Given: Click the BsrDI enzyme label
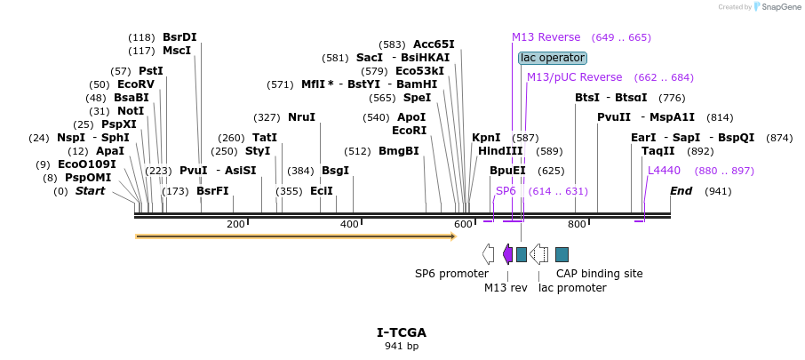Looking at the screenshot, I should [x=179, y=37].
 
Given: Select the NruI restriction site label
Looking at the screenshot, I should [x=301, y=117].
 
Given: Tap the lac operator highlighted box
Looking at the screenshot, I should [x=553, y=58].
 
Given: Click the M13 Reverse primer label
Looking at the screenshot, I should [x=546, y=37].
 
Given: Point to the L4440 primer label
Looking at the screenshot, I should [x=664, y=170].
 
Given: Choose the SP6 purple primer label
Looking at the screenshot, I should [x=506, y=191].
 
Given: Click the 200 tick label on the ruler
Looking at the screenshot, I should [x=235, y=224].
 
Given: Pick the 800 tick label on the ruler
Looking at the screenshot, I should [x=577, y=224].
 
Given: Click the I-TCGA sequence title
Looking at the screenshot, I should [x=402, y=332].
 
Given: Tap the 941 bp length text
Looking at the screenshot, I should [x=402, y=346].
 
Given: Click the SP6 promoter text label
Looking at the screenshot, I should [x=451, y=274].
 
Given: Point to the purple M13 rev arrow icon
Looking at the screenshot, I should [x=507, y=254].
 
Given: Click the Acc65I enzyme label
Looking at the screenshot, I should [x=434, y=44].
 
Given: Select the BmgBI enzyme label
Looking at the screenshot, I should [x=398, y=151].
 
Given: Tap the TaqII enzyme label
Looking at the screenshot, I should [x=658, y=151].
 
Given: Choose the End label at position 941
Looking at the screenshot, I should [x=681, y=191].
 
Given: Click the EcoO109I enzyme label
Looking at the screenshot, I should [x=87, y=164].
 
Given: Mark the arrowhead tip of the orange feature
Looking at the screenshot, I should [x=456, y=236].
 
